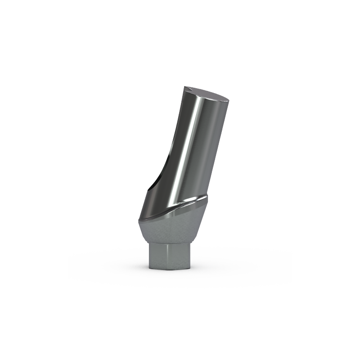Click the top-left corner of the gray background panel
pyautogui.click(x=67, y=85)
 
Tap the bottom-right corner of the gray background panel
pyautogui.click(x=292, y=292)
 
